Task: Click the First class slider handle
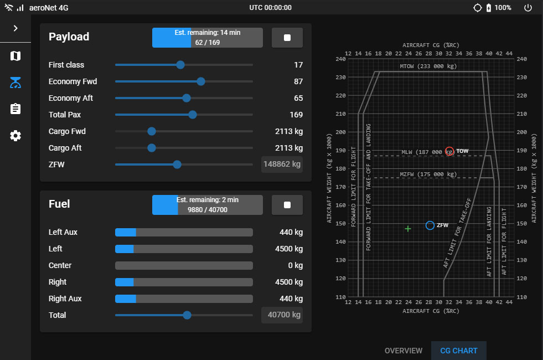pos(180,65)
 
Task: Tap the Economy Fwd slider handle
pos(201,81)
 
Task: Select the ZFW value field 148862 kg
pos(282,164)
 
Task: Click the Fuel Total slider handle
pos(187,315)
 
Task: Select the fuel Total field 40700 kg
pos(282,315)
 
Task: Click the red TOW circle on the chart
pos(449,151)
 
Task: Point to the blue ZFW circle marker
pos(430,225)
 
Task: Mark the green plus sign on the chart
pos(408,228)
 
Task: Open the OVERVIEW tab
pos(404,351)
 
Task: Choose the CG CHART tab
pos(458,351)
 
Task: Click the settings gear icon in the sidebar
pos(15,136)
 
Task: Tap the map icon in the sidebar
pos(15,56)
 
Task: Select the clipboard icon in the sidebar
pos(15,109)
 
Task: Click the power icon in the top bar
pos(528,8)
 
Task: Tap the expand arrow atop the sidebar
pos(15,28)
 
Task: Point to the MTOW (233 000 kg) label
pos(428,66)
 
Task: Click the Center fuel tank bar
pos(184,265)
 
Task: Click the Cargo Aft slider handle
pos(152,148)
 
